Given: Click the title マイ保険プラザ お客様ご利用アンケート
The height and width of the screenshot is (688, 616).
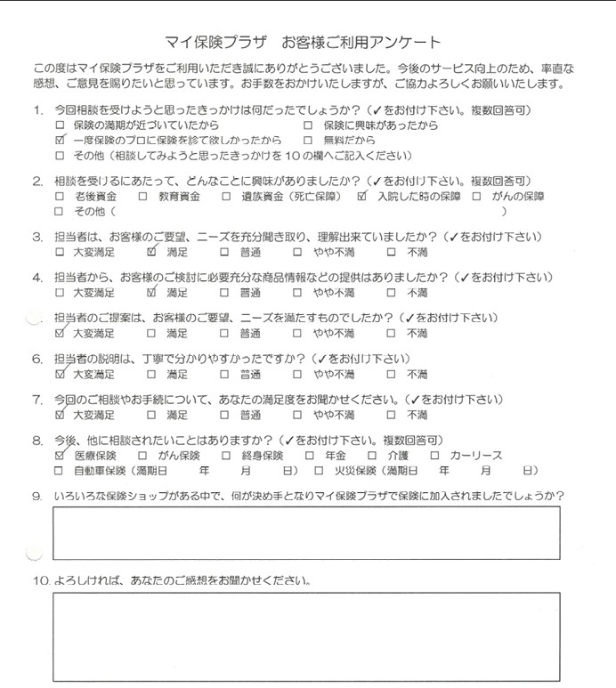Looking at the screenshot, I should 303,42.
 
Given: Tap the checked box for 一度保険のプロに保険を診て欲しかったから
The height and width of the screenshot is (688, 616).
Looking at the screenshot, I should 59,141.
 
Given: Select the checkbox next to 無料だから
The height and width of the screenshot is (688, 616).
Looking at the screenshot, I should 307,141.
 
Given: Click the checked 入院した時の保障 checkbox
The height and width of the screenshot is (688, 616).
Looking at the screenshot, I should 361,196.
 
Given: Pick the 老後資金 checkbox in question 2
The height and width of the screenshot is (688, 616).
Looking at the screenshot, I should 59,197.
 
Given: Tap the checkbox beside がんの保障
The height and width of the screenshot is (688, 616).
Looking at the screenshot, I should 477,197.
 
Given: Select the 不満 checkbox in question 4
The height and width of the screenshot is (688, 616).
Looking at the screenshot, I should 392,292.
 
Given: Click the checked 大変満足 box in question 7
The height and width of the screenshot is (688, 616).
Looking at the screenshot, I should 59,414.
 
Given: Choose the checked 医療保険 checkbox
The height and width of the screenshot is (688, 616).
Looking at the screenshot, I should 59,455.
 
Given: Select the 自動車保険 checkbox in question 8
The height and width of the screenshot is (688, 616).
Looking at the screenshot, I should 59,470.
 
